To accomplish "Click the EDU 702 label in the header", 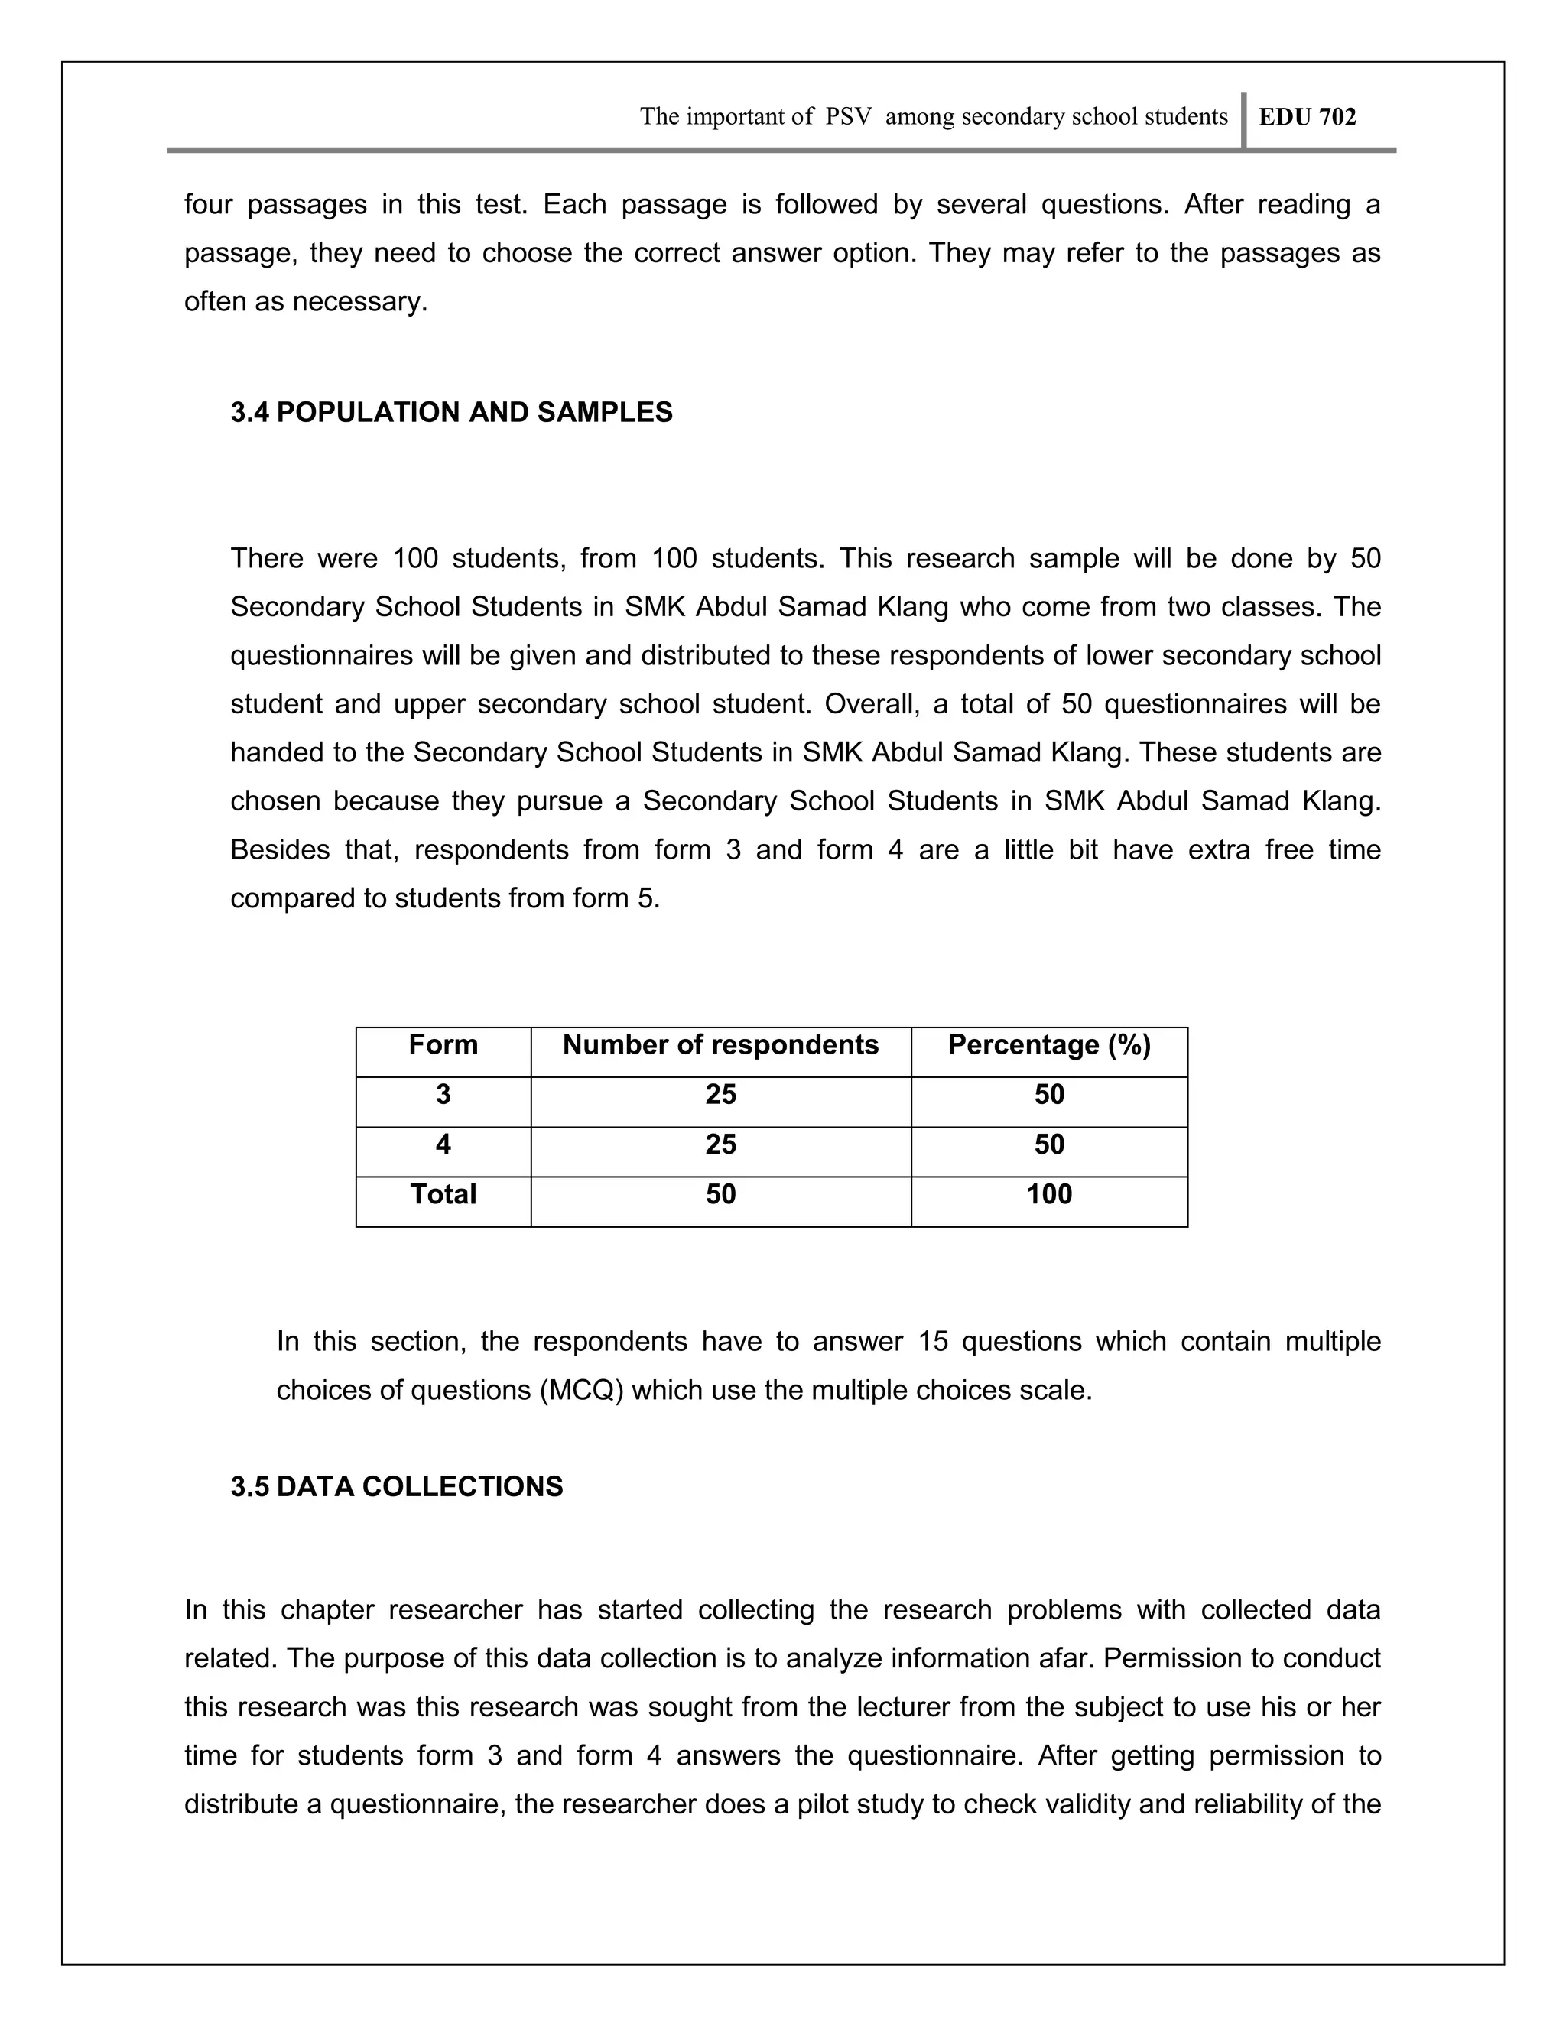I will point(1307,117).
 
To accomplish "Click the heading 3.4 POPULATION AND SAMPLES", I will point(451,413).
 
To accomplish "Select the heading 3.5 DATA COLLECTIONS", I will point(396,1486).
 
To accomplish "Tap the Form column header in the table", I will point(443,1045).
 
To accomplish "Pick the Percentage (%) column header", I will point(1048,1045).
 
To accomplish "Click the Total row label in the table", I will point(443,1194).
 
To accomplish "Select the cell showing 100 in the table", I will point(1048,1194).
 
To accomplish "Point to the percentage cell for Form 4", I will point(1048,1144).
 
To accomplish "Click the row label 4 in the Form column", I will point(443,1144).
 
